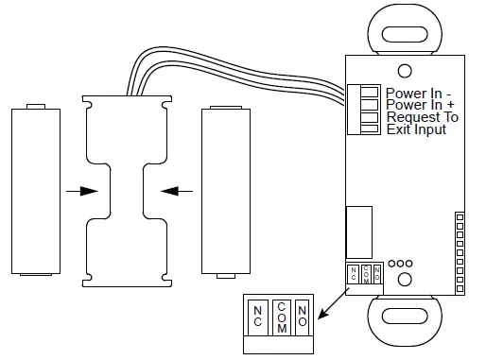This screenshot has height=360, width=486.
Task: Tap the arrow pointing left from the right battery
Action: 177,190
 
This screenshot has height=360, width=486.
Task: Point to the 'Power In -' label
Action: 420,92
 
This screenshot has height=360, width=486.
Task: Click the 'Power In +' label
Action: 421,105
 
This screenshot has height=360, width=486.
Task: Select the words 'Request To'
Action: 422,117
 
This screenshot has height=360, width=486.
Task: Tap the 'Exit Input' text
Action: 416,129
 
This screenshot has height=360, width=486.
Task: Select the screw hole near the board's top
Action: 404,70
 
